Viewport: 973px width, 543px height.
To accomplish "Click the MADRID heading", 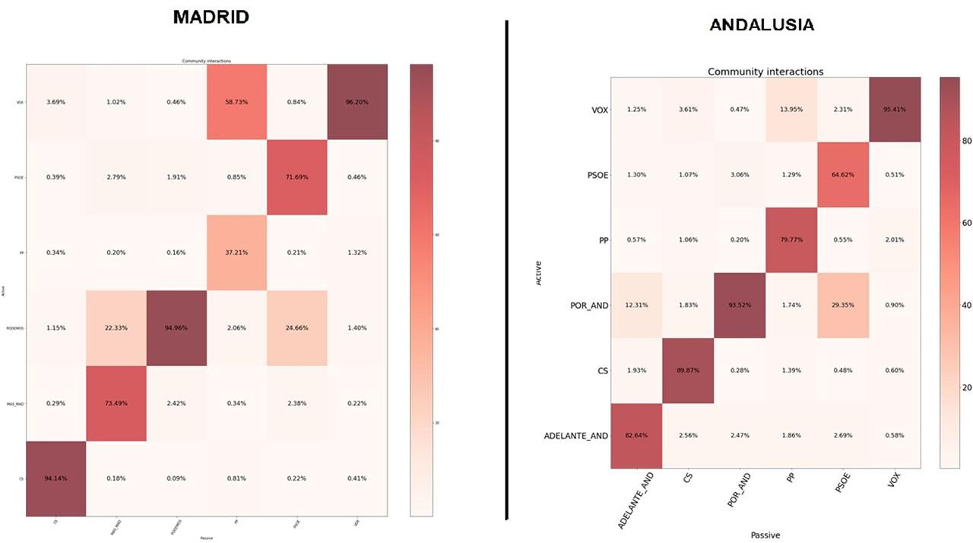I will (x=211, y=17).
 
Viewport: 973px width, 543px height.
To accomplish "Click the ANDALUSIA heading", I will (x=761, y=24).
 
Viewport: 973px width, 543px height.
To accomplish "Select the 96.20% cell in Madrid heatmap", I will (x=357, y=102).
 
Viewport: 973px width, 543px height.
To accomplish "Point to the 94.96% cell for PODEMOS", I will (x=176, y=328).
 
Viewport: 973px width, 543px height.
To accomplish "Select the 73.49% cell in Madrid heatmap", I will (x=116, y=403).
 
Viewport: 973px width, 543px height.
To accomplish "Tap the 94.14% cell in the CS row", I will (x=55, y=478).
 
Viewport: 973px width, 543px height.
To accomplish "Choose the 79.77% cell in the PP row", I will (x=791, y=240).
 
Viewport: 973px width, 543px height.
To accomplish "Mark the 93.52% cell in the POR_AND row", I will (x=740, y=305).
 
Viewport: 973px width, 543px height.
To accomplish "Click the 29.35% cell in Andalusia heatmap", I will (x=843, y=305).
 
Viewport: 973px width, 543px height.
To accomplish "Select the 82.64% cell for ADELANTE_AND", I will (x=636, y=435).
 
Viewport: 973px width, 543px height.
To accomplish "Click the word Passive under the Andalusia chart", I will (x=765, y=535).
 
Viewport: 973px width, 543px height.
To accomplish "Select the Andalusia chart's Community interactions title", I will (x=765, y=71).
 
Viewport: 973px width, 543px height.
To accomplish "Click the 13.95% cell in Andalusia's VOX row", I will (x=791, y=109).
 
